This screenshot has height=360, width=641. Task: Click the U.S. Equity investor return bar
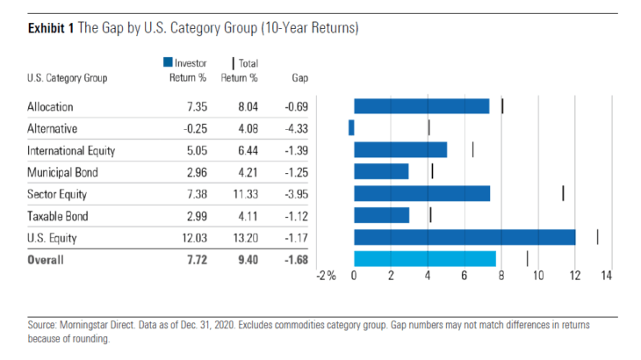pyautogui.click(x=465, y=237)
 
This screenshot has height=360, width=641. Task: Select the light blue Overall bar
pyautogui.click(x=425, y=258)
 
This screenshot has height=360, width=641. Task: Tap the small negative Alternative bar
pyautogui.click(x=351, y=127)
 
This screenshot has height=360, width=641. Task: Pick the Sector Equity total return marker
pyautogui.click(x=563, y=193)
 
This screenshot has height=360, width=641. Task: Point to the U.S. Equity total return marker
pyautogui.click(x=597, y=237)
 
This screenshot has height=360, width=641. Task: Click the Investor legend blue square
pyautogui.click(x=167, y=63)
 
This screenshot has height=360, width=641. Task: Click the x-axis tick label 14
pyautogui.click(x=606, y=277)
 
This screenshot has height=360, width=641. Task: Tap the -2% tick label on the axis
pyautogui.click(x=326, y=277)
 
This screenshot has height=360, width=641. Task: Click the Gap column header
pyautogui.click(x=299, y=77)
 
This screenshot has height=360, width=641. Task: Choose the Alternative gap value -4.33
pyautogui.click(x=299, y=128)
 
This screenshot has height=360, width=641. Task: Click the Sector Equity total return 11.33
pyautogui.click(x=241, y=194)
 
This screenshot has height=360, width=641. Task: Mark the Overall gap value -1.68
pyautogui.click(x=299, y=260)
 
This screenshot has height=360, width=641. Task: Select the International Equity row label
pyautogui.click(x=71, y=150)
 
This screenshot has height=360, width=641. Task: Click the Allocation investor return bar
pyautogui.click(x=421, y=105)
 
